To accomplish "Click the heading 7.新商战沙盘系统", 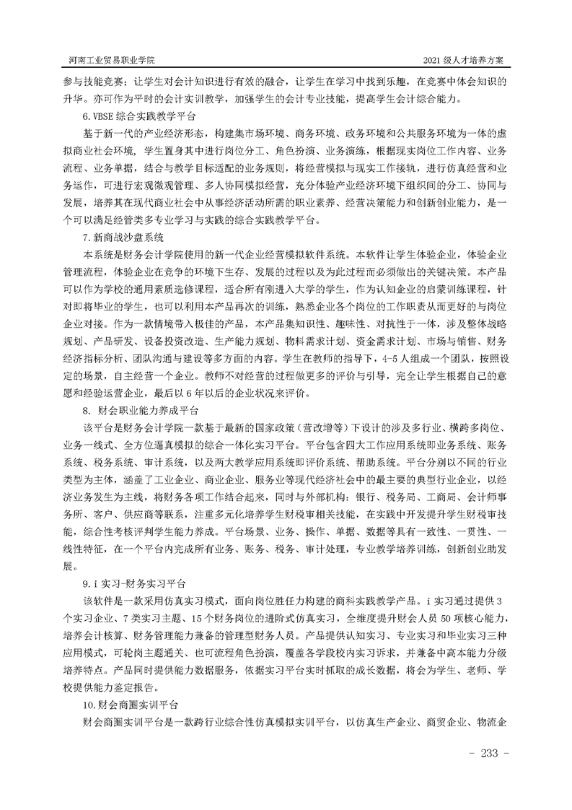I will [x=122, y=236].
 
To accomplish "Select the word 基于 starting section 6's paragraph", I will [x=93, y=134].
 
